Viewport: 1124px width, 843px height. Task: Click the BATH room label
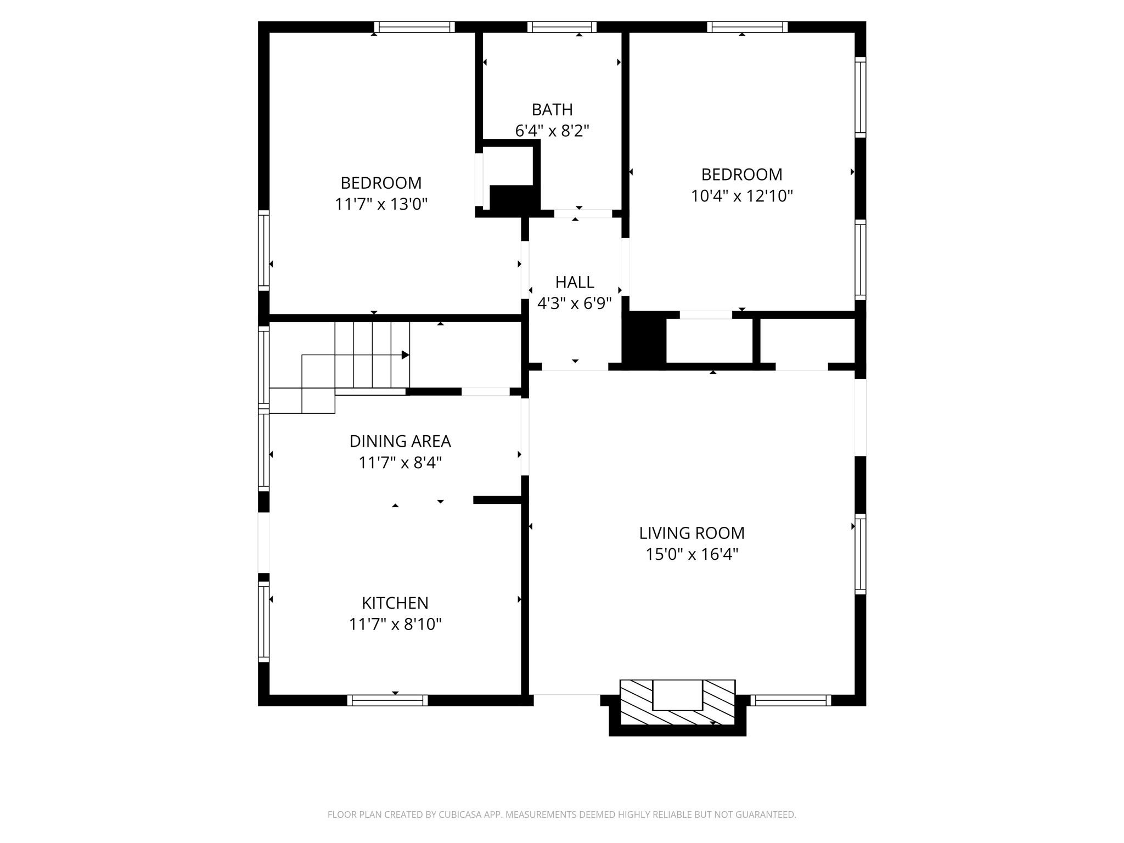[x=552, y=110]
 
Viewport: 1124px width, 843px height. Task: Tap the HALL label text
[x=575, y=282]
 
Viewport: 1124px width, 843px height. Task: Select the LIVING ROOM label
[x=692, y=533]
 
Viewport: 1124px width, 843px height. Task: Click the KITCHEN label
[x=395, y=603]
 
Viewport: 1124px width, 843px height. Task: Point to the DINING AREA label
[x=400, y=441]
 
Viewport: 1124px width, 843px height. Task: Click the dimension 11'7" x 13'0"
[x=381, y=205]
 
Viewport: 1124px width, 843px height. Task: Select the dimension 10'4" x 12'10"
[x=741, y=196]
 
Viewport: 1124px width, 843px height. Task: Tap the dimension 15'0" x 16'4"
[x=692, y=554]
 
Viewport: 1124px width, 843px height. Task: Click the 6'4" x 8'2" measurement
[x=552, y=131]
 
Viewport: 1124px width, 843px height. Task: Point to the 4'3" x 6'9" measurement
[x=575, y=304]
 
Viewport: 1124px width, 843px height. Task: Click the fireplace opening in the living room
[x=677, y=695]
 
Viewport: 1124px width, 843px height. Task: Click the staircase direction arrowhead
[x=406, y=355]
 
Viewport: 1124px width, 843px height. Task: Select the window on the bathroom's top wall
[x=562, y=27]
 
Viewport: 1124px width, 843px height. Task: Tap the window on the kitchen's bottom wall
[x=387, y=700]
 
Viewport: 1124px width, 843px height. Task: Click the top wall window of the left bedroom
[x=414, y=27]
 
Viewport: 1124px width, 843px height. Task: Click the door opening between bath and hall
[x=582, y=213]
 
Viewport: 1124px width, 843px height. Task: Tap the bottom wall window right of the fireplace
[x=790, y=700]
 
